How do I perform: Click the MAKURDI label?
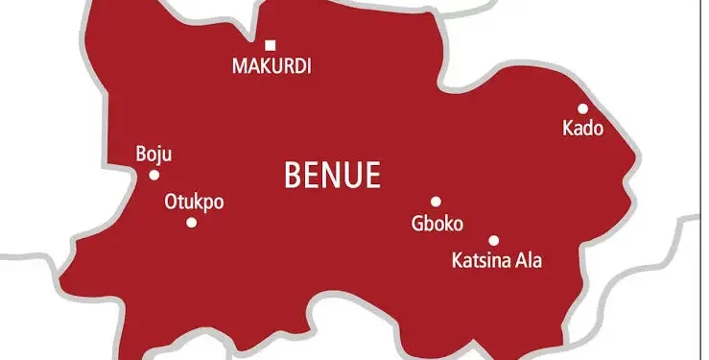coord(272,67)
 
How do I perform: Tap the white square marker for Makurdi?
coord(271,45)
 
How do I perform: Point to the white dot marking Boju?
coord(154,175)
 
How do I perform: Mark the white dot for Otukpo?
coord(191,223)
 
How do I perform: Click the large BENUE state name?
coord(333,175)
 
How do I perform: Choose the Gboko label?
coord(437,224)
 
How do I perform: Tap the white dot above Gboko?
coord(436,202)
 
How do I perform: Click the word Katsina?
coord(480,259)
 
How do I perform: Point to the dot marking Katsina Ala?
coord(493,241)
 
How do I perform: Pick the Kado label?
coord(582,129)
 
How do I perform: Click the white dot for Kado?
coord(582,108)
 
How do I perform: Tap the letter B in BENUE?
coord(292,175)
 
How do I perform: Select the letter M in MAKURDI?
coord(239,67)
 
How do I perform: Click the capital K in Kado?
coord(568,129)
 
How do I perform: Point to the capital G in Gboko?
coord(415,224)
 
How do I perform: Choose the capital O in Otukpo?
coord(172,203)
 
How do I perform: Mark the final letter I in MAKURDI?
coord(309,67)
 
